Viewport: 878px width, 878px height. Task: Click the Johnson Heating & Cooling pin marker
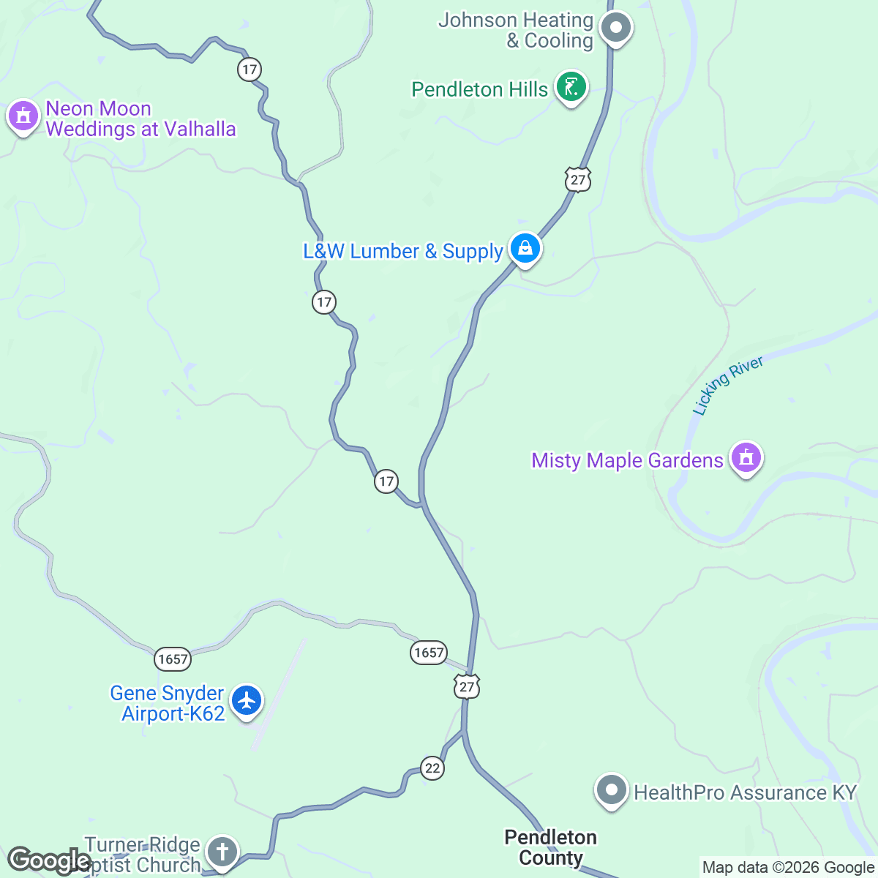pyautogui.click(x=615, y=29)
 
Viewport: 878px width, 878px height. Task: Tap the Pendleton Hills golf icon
pyautogui.click(x=571, y=88)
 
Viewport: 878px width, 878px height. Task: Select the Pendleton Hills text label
pyautogui.click(x=479, y=90)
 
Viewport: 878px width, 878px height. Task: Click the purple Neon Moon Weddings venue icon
pyautogui.click(x=23, y=116)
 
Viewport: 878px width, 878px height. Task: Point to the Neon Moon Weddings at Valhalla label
pyautogui.click(x=140, y=119)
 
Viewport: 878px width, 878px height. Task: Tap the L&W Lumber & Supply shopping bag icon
pyautogui.click(x=525, y=249)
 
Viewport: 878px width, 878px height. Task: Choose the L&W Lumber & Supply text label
pyautogui.click(x=403, y=252)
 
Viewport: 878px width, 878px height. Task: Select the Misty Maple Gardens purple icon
pyautogui.click(x=746, y=458)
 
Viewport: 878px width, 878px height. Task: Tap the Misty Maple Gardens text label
pyautogui.click(x=627, y=460)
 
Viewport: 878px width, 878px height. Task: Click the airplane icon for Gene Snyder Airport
pyautogui.click(x=247, y=700)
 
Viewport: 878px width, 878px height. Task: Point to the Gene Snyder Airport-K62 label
pyautogui.click(x=168, y=703)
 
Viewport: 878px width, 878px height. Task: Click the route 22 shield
pyautogui.click(x=432, y=768)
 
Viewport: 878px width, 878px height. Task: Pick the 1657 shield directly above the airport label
pyautogui.click(x=173, y=659)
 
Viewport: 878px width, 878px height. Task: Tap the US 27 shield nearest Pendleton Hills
pyautogui.click(x=577, y=179)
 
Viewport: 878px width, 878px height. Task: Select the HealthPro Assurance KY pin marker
pyautogui.click(x=611, y=790)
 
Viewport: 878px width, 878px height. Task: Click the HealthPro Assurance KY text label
pyautogui.click(x=745, y=792)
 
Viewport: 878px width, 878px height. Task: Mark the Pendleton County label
pyautogui.click(x=551, y=847)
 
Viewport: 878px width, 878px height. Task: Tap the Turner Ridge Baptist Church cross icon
pyautogui.click(x=222, y=851)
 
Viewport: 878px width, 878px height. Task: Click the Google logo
pyautogui.click(x=50, y=861)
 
